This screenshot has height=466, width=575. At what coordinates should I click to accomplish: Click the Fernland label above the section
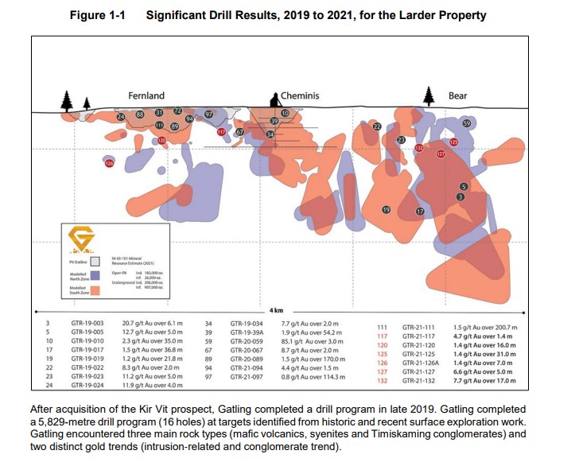click(146, 95)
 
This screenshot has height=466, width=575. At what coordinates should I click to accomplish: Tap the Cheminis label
click(300, 95)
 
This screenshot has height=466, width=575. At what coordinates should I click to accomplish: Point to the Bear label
click(457, 95)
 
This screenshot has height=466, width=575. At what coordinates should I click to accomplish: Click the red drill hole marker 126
click(110, 163)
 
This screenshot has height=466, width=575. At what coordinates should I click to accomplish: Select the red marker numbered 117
click(221, 132)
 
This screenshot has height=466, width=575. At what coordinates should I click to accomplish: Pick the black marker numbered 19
click(387, 210)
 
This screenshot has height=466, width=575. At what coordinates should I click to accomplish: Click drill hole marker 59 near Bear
click(467, 123)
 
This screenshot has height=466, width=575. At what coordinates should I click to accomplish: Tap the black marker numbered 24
click(121, 117)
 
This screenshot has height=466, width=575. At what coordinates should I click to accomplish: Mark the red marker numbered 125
click(453, 142)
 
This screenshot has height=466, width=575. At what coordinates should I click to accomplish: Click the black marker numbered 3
click(460, 196)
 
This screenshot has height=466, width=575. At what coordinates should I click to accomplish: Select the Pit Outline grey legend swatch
click(95, 261)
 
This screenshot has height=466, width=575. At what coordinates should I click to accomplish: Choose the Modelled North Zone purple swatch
click(95, 275)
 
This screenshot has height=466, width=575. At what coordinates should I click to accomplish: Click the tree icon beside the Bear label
click(429, 95)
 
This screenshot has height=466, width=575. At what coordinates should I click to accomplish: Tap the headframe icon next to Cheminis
click(274, 99)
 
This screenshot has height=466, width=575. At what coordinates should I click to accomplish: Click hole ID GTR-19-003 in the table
click(87, 324)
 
